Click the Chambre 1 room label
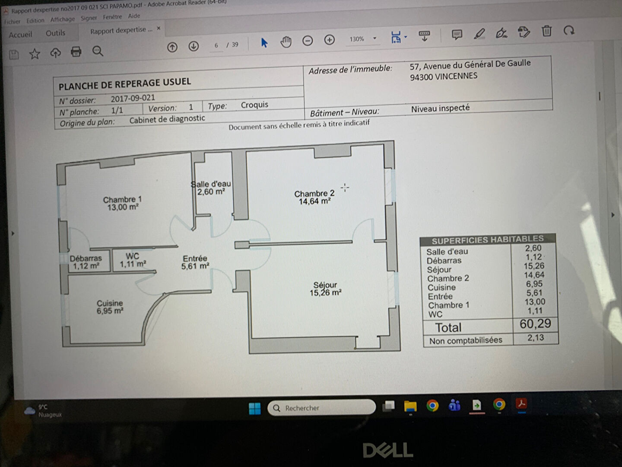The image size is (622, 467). [x=122, y=203]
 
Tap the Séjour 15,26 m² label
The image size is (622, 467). [x=325, y=289]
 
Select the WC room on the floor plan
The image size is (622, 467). [x=133, y=260]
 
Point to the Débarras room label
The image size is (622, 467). [x=86, y=262]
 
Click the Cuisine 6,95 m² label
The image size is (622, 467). [x=110, y=307]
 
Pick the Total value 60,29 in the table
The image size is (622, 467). [x=535, y=323]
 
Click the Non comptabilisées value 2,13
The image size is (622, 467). [x=536, y=338]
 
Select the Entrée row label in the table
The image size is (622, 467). [x=440, y=296]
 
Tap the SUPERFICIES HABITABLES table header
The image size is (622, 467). [x=487, y=240]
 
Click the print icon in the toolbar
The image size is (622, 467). [x=76, y=51]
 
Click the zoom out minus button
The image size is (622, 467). [x=308, y=41]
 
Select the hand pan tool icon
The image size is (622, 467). [x=286, y=42]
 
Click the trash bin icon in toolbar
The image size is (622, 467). [x=546, y=31]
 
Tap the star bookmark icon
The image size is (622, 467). [x=35, y=54]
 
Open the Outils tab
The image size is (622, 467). [x=56, y=33]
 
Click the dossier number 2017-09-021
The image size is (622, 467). [x=133, y=98]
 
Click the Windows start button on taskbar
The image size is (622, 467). [x=254, y=409]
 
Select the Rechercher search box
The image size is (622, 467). [x=321, y=408]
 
